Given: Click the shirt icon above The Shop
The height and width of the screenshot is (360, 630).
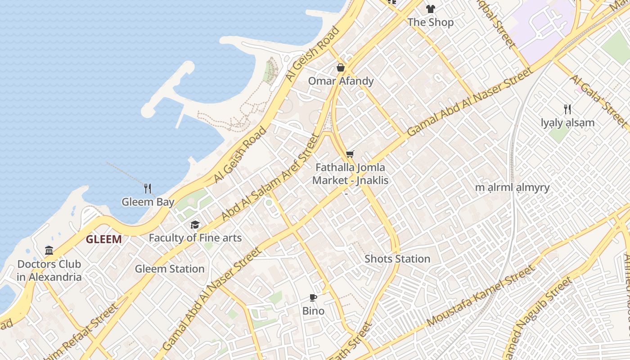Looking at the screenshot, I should point(431,9).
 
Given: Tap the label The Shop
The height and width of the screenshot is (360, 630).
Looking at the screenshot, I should point(431,22).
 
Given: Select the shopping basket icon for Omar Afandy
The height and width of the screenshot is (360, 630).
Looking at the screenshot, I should point(341,67).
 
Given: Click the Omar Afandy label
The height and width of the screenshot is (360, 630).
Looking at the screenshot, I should point(341,81).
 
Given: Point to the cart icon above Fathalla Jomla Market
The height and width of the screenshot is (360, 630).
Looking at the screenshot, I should point(350,154).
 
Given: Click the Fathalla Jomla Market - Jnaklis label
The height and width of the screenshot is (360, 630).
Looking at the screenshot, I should point(350,174).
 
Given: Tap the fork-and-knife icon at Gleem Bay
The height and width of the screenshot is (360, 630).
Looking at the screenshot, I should point(148,188).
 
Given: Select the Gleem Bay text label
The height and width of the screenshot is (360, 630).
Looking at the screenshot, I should point(148,202).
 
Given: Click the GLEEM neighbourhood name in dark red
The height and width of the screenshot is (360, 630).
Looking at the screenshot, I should point(104,239).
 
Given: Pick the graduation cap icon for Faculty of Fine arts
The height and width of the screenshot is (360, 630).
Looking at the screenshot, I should point(195,225).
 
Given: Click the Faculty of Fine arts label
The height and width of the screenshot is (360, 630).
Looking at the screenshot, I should point(195,238).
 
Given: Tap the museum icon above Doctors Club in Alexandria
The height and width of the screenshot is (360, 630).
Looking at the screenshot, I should point(49,250).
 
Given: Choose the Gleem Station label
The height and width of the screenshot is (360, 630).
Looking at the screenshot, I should point(170,269).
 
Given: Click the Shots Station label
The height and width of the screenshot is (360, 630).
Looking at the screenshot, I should point(397,259).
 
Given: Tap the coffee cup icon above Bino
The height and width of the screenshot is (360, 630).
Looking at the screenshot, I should point(313,297).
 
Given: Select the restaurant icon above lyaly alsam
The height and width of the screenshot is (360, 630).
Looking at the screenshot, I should point(567,109).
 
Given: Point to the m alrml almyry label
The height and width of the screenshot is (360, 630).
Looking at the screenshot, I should point(512,188).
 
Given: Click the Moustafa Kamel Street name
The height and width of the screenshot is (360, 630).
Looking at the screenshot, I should point(481,296).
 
